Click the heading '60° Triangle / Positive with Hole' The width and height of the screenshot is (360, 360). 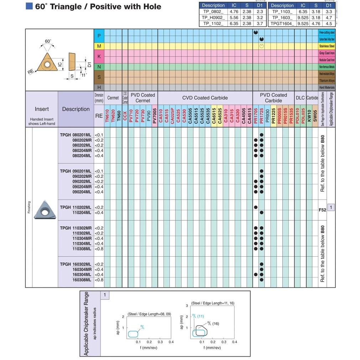pyautogui.click(x=98, y=6)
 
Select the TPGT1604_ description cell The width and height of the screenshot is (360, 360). pyautogui.click(x=282, y=24)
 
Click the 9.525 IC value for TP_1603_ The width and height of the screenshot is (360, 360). pyautogui.click(x=303, y=17)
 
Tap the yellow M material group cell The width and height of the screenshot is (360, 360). pyautogui.click(x=99, y=46)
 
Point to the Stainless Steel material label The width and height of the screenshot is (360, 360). pyautogui.click(x=326, y=46)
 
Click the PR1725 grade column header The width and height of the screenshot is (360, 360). pyautogui.click(x=262, y=115)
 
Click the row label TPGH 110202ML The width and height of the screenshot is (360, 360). pyautogui.click(x=76, y=207)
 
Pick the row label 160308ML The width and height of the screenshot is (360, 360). pyautogui.click(x=82, y=280)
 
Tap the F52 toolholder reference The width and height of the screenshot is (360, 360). pyautogui.click(x=322, y=210)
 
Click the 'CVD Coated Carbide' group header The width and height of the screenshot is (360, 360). pyautogui.click(x=205, y=98)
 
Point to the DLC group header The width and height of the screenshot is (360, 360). pyautogui.click(x=300, y=98)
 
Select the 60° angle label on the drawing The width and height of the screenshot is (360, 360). pyautogui.click(x=48, y=41)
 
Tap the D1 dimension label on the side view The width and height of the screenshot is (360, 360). pyautogui.click(x=89, y=65)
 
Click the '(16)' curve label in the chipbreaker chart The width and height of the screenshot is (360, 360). pyautogui.click(x=216, y=324)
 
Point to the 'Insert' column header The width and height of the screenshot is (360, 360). pyautogui.click(x=42, y=109)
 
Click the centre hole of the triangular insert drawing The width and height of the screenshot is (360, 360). pyautogui.click(x=47, y=65)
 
